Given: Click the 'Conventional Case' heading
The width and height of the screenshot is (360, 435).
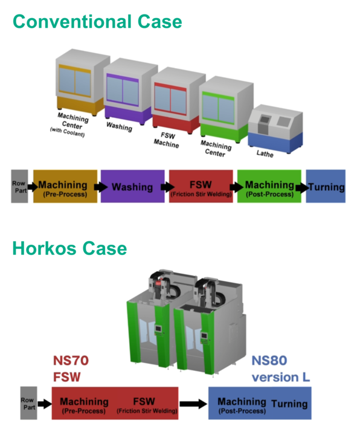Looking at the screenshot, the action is pos(97,22).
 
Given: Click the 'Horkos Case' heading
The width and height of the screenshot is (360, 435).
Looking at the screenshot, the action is pos(69,248).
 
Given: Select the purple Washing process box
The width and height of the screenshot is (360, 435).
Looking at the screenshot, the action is pos(132,187).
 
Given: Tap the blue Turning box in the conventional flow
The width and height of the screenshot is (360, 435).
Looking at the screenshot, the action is pos(326,187).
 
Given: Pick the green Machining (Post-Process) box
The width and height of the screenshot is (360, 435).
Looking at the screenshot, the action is pos(269,187).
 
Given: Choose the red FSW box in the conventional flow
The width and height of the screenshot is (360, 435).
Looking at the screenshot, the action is pos(201,187).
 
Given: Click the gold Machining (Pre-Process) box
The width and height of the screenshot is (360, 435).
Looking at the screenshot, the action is pos(65,187).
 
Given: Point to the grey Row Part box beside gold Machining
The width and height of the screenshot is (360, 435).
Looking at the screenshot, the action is pos(19,187).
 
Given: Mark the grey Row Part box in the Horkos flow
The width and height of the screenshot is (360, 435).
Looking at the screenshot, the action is pos(28,403).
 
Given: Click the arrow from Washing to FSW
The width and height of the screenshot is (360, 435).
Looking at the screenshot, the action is pos(167,187).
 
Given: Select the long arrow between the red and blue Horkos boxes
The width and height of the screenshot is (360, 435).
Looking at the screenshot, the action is pos(193,404).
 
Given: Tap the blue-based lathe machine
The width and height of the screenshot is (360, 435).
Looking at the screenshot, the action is pos(275,129).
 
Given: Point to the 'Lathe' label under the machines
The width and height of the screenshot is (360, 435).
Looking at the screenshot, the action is pos(265,153).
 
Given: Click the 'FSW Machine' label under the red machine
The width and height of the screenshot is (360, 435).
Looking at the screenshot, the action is pos(167,140).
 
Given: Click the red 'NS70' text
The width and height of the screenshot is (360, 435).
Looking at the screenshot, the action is pos(71,361).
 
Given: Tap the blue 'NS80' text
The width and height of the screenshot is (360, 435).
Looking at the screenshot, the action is pos(269,361).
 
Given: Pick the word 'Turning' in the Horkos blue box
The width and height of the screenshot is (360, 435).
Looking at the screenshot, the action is pos(289,404).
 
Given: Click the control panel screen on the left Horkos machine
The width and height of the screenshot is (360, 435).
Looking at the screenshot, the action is pos(158,329).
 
